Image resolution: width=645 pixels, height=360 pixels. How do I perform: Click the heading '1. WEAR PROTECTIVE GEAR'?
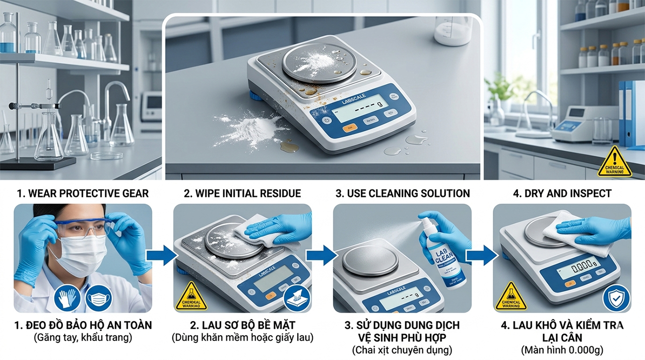click(83, 194)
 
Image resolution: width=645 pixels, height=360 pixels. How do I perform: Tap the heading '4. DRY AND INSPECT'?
click(561, 194)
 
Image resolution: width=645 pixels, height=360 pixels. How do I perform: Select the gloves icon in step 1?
click(68, 298)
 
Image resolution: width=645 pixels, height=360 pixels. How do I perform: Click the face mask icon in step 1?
click(99, 298)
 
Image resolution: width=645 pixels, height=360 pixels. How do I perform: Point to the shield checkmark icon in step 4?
click(616, 298)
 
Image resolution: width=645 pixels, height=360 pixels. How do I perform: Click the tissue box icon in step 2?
click(297, 298)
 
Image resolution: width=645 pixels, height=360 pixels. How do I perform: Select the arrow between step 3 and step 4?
click(481, 256)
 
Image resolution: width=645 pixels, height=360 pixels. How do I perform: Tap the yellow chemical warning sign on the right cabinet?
click(614, 162)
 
